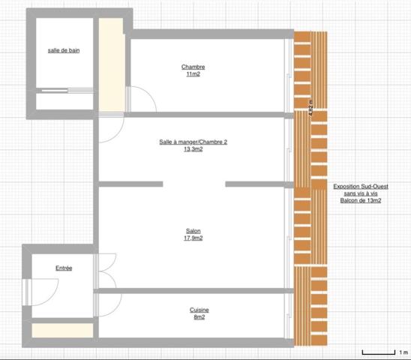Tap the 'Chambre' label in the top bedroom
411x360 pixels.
tap(193, 67)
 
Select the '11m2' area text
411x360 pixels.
tap(193, 74)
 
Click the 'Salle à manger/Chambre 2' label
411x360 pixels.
tap(193, 142)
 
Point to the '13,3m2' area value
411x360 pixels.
tap(193, 149)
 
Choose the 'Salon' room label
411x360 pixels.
tap(193, 231)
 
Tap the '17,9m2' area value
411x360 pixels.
tap(193, 238)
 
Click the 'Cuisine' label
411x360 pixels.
tap(199, 310)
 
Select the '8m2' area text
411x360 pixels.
tap(199, 317)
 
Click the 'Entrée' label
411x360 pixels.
tap(64, 268)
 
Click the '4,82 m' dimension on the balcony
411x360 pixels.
tap(310, 106)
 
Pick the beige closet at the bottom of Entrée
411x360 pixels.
tap(63, 331)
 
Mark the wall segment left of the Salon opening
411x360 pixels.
tap(130, 184)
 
